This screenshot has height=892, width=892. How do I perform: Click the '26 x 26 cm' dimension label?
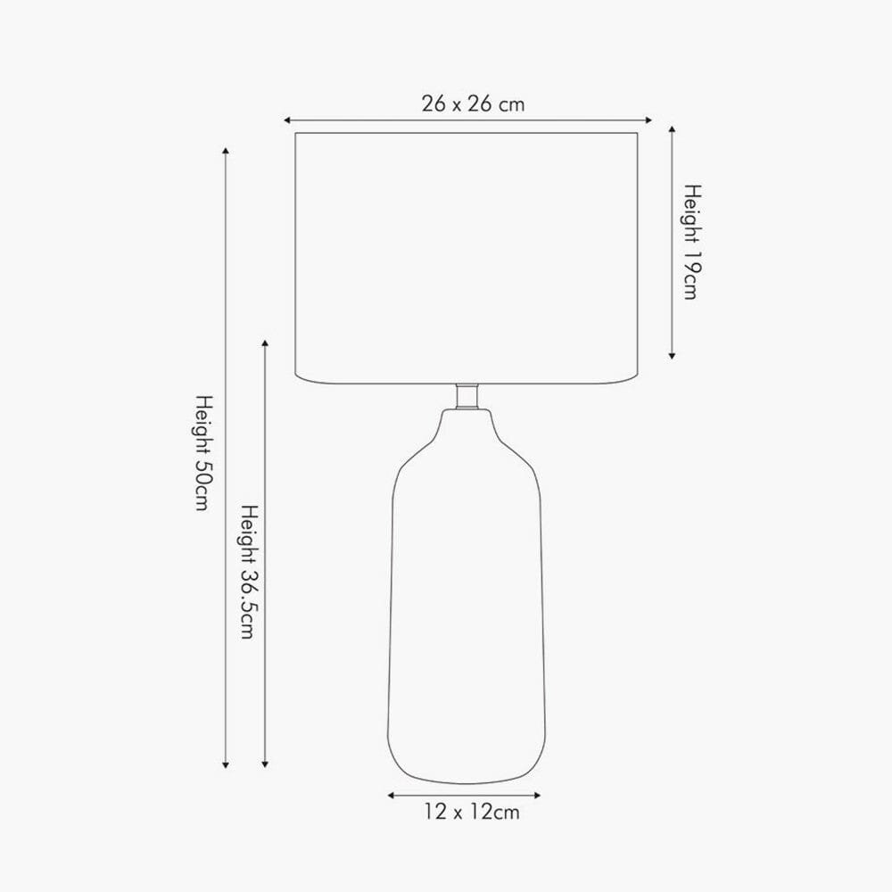(x=473, y=104)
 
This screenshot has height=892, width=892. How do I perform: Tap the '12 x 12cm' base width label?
(x=472, y=812)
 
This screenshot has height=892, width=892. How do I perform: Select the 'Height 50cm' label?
(x=203, y=453)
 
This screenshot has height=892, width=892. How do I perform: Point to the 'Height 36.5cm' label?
(x=249, y=572)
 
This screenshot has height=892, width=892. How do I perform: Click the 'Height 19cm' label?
(x=692, y=242)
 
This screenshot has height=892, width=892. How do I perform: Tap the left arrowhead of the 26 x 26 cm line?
(x=287, y=120)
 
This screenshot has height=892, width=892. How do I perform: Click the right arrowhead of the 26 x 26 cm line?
(x=648, y=120)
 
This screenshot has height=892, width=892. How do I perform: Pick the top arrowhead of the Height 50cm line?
(x=226, y=151)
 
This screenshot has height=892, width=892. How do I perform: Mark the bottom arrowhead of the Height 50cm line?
(x=226, y=765)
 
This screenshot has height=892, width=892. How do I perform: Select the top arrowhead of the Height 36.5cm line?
(x=265, y=343)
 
